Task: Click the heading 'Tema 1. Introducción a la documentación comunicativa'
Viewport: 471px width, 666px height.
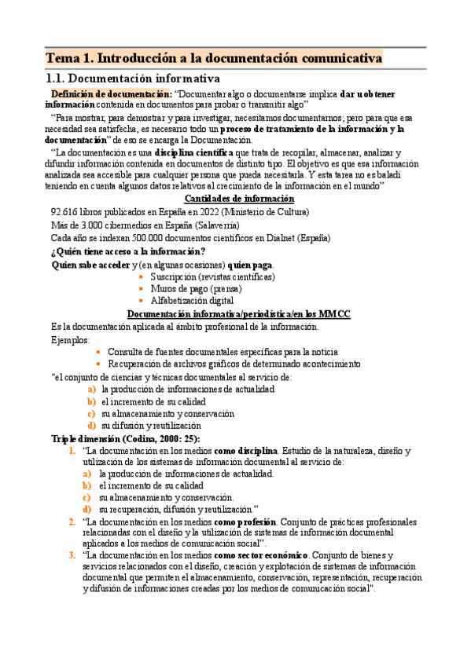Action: tap(214, 58)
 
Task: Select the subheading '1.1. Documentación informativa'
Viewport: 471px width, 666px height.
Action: tap(133, 79)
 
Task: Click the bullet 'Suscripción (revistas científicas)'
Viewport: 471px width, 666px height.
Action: tap(212, 276)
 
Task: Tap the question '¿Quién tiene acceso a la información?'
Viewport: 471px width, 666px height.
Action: tap(127, 251)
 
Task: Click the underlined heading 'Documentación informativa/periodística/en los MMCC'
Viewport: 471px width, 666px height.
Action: tap(239, 313)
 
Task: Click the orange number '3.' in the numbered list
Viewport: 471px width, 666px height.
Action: tap(72, 556)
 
